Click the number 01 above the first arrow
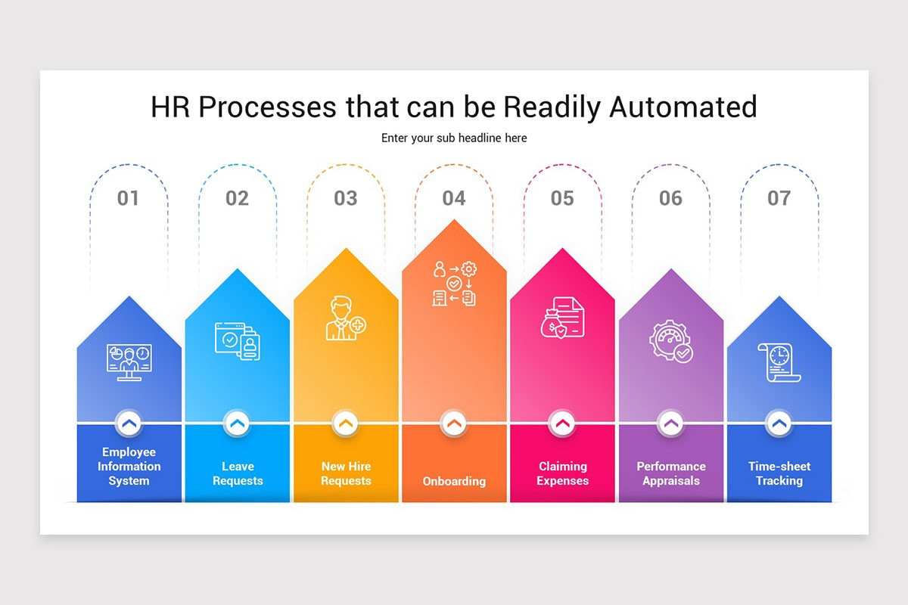[x=128, y=198]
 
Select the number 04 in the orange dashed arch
[x=454, y=198]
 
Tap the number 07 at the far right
[x=779, y=198]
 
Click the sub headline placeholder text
[x=454, y=138]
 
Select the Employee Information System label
[x=129, y=466]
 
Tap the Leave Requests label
[x=238, y=473]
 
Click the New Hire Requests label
[x=346, y=473]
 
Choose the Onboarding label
[x=454, y=481]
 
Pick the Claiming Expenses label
[x=562, y=473]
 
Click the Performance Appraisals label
[x=671, y=473]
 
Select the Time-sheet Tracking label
[x=779, y=473]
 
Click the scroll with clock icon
[x=779, y=362]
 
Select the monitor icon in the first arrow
[x=129, y=362]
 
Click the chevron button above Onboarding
[x=454, y=424]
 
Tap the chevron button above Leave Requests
[x=238, y=424]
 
